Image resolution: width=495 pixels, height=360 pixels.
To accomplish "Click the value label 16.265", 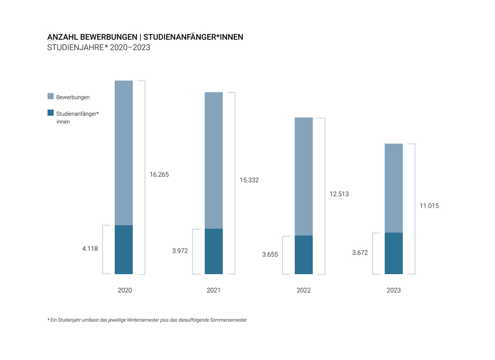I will (x=159, y=175).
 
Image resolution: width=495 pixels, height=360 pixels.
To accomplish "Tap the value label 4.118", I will (x=90, y=249).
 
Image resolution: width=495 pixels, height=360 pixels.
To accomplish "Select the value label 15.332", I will (x=249, y=180).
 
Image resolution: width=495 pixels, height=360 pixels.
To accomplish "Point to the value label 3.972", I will (x=180, y=251).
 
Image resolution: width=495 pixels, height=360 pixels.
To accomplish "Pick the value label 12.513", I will (x=339, y=194).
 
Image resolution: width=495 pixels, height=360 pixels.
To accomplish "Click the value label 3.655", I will (x=270, y=254).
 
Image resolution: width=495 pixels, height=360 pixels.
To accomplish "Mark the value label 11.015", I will (x=429, y=206).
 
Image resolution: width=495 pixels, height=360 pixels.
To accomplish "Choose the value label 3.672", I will (x=360, y=253).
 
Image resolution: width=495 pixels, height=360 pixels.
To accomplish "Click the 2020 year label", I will (x=125, y=291).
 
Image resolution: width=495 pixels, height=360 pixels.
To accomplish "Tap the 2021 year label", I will (x=213, y=291).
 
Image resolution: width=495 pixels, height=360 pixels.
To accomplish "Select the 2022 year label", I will (x=304, y=291).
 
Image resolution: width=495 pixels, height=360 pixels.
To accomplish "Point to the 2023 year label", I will (x=394, y=291).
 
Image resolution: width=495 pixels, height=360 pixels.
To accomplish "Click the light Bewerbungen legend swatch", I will (x=50, y=96).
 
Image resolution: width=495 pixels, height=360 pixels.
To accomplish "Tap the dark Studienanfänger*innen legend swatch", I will (x=50, y=113).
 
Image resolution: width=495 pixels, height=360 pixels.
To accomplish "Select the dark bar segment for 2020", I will (x=124, y=249).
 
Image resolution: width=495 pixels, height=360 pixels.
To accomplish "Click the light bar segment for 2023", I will (x=394, y=188).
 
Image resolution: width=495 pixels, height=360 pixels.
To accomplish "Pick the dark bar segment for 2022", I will (x=304, y=255).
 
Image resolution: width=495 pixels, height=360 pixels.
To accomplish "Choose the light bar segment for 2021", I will (x=213, y=160).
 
